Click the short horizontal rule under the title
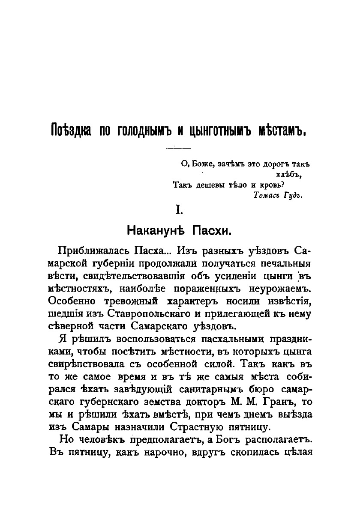click(x=178, y=148)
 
